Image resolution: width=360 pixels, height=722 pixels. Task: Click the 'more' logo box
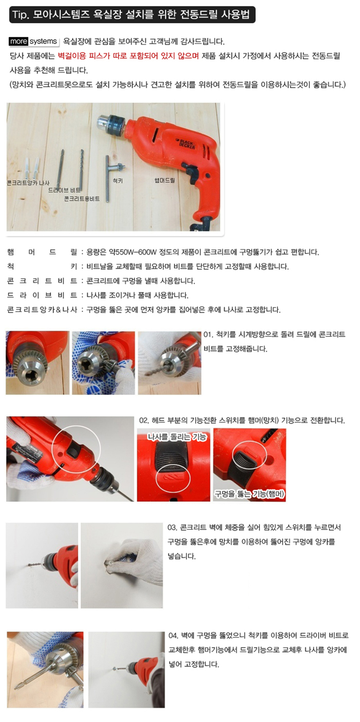[18, 41]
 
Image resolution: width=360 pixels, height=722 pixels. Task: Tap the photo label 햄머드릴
[165, 180]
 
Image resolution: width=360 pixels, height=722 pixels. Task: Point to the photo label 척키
[118, 180]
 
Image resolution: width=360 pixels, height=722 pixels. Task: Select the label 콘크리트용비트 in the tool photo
[82, 199]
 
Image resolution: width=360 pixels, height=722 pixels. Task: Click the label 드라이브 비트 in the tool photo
[64, 190]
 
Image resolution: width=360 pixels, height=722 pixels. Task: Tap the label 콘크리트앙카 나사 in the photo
[28, 183]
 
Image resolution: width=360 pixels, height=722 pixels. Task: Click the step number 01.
[208, 335]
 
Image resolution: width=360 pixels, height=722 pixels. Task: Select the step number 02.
[144, 420]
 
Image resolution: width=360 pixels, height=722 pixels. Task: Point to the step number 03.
[172, 528]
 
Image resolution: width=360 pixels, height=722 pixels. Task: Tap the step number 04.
[173, 636]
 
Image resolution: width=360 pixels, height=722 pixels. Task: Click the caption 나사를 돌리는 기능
[177, 437]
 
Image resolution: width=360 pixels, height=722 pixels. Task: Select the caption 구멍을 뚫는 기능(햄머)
[249, 494]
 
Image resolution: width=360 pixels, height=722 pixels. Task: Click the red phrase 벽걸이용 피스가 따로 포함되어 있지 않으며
[128, 56]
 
